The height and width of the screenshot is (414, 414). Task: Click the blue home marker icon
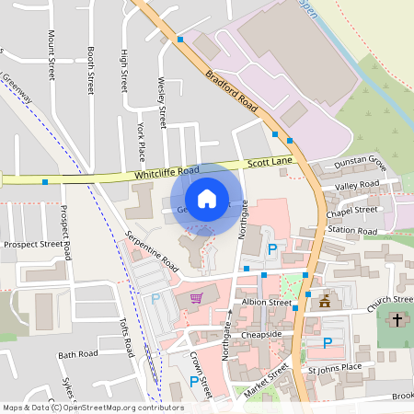[x=207, y=199]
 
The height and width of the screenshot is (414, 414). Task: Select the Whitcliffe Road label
[x=167, y=172]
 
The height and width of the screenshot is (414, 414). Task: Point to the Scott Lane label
[x=270, y=162]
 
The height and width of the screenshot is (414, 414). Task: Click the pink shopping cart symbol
[x=196, y=297]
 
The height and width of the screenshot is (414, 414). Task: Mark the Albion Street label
[x=266, y=303]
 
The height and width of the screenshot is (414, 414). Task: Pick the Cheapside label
[x=261, y=335]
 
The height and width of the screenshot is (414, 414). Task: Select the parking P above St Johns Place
[x=327, y=343]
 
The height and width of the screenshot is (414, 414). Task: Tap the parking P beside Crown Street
[x=193, y=381]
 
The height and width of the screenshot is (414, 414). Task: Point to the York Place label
[x=140, y=139]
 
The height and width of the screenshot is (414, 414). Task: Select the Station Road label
[x=352, y=230]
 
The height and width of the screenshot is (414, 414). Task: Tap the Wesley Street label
[x=162, y=102]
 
